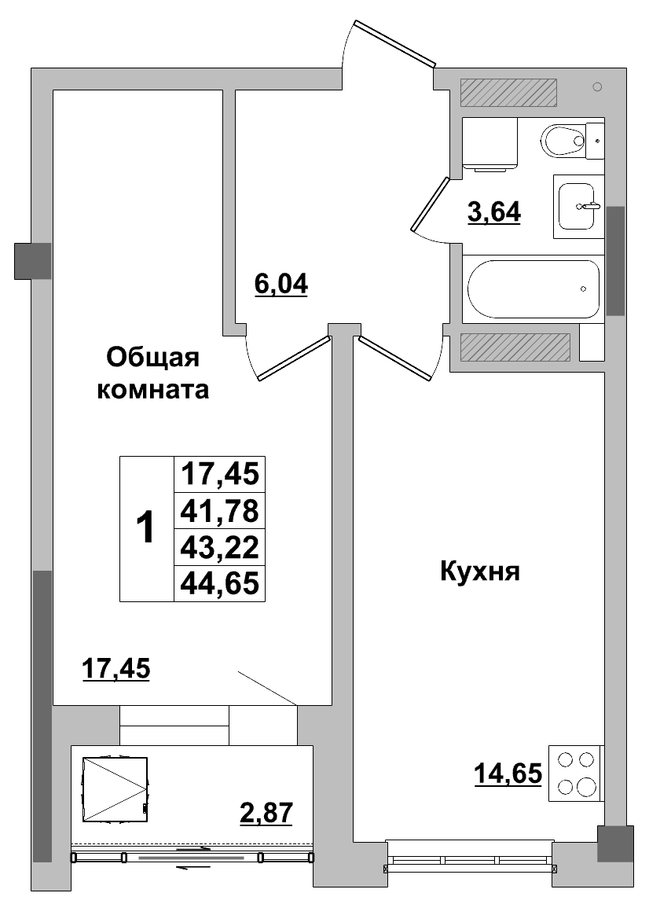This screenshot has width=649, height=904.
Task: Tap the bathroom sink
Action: (577, 206)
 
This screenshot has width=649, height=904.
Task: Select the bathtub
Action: (533, 288)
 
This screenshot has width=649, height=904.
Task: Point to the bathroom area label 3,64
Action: (494, 213)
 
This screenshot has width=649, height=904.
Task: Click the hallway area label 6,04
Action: (280, 285)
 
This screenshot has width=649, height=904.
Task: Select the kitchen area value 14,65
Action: (508, 774)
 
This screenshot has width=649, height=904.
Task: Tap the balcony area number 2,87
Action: (266, 814)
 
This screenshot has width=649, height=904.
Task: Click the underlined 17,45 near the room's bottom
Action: (115, 669)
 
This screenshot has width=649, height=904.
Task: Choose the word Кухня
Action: (480, 572)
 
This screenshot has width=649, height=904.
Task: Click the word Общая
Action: (152, 358)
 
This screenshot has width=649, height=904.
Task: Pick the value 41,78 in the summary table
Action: (219, 511)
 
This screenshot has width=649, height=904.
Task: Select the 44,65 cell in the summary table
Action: (219, 583)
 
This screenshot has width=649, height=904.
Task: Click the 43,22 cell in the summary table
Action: (219, 547)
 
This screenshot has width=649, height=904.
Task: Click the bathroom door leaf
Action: (430, 204)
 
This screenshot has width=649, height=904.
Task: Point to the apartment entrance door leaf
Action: (394, 44)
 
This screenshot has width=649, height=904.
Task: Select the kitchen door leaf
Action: (394, 358)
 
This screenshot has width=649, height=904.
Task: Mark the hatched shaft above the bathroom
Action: (508, 93)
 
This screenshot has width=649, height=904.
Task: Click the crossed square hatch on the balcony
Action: (115, 789)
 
